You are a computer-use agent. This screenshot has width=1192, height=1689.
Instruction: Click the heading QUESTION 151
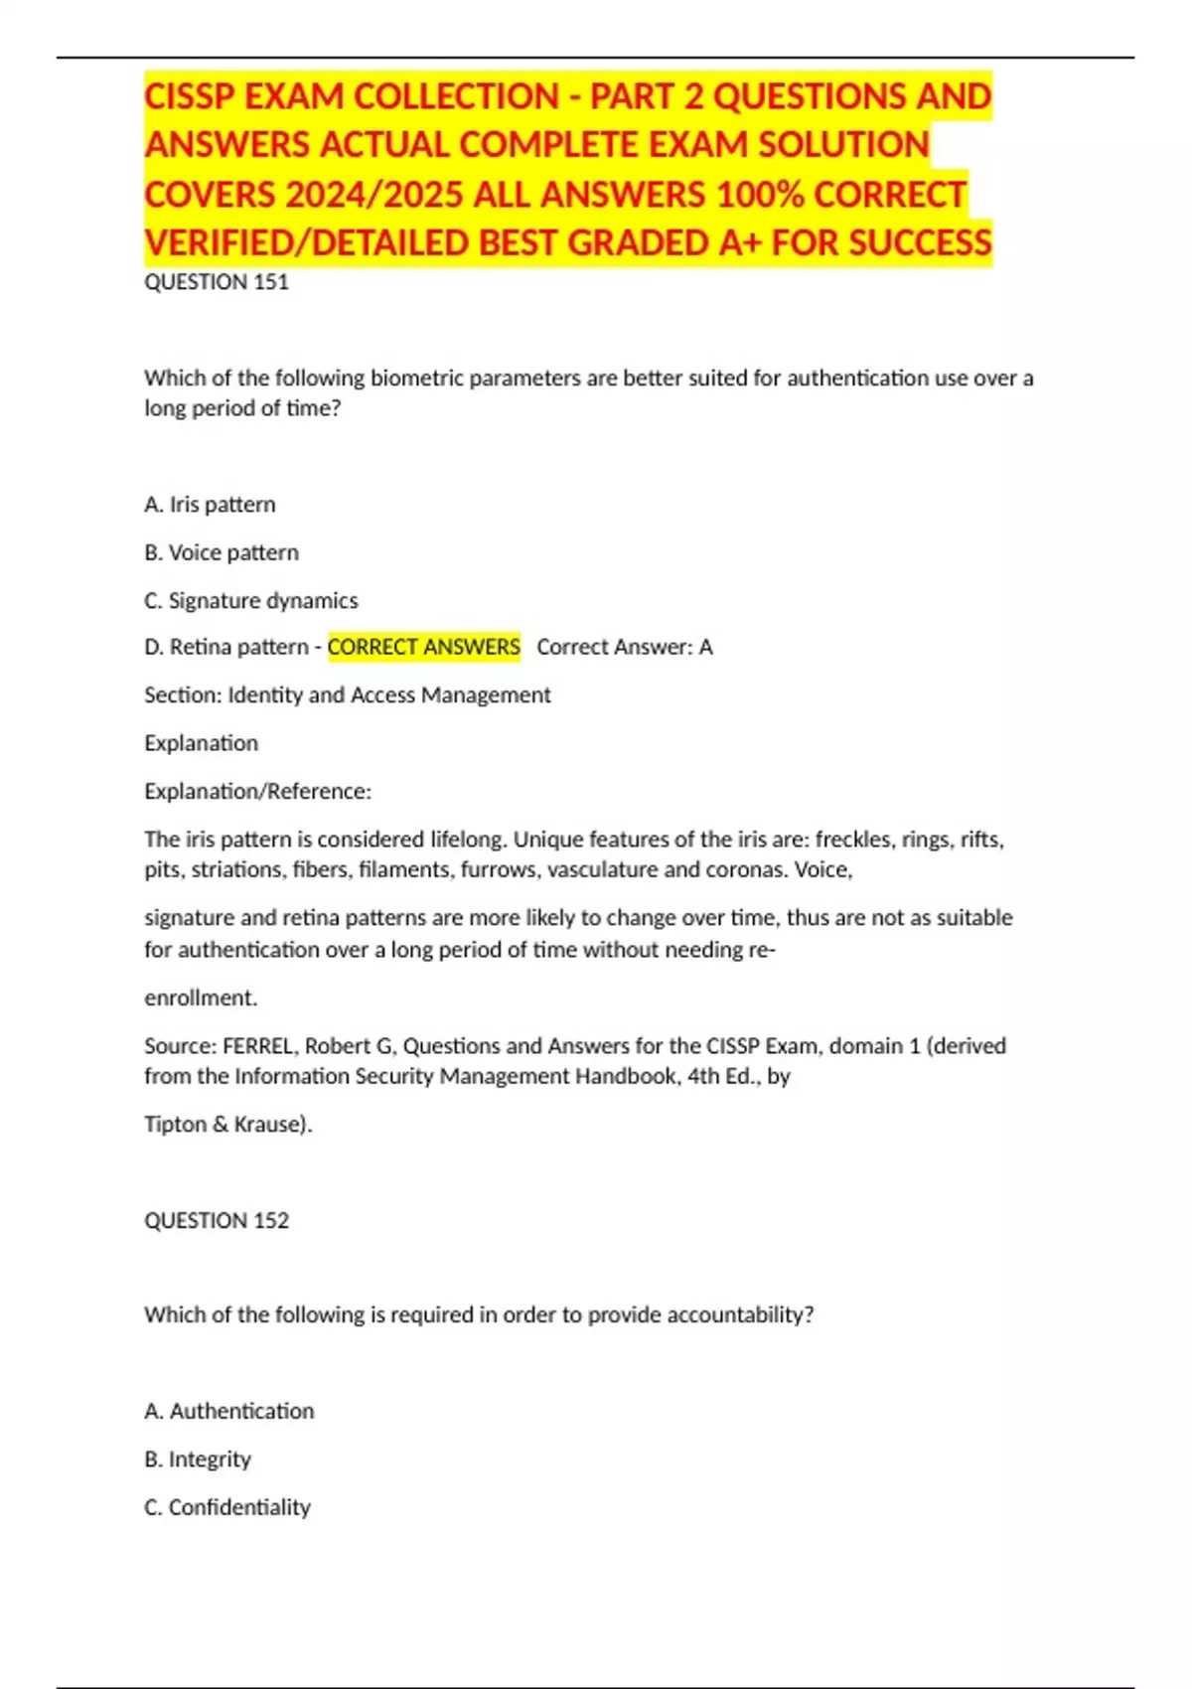217,282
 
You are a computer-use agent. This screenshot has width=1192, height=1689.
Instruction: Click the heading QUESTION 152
217,1220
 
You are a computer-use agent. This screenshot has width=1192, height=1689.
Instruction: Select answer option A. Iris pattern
210,505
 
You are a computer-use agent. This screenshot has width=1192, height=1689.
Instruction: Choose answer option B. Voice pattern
222,552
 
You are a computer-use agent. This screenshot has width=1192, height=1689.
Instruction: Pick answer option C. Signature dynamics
251,600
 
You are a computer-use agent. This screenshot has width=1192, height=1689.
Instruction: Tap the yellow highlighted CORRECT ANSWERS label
424,647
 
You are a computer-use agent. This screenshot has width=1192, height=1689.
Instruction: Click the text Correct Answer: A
625,647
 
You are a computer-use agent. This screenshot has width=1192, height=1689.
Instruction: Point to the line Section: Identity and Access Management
348,694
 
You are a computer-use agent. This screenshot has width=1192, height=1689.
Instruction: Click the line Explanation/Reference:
257,791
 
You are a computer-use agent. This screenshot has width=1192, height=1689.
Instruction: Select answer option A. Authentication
229,1411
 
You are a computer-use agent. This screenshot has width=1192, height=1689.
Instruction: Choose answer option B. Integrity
198,1459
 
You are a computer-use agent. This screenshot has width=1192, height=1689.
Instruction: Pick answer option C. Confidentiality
227,1507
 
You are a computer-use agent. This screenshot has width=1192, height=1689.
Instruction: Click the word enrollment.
201,998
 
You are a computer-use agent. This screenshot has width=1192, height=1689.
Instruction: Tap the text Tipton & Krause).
228,1124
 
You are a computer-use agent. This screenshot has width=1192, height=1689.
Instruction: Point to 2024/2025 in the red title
373,194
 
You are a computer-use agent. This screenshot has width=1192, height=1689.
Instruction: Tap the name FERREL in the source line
258,1045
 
